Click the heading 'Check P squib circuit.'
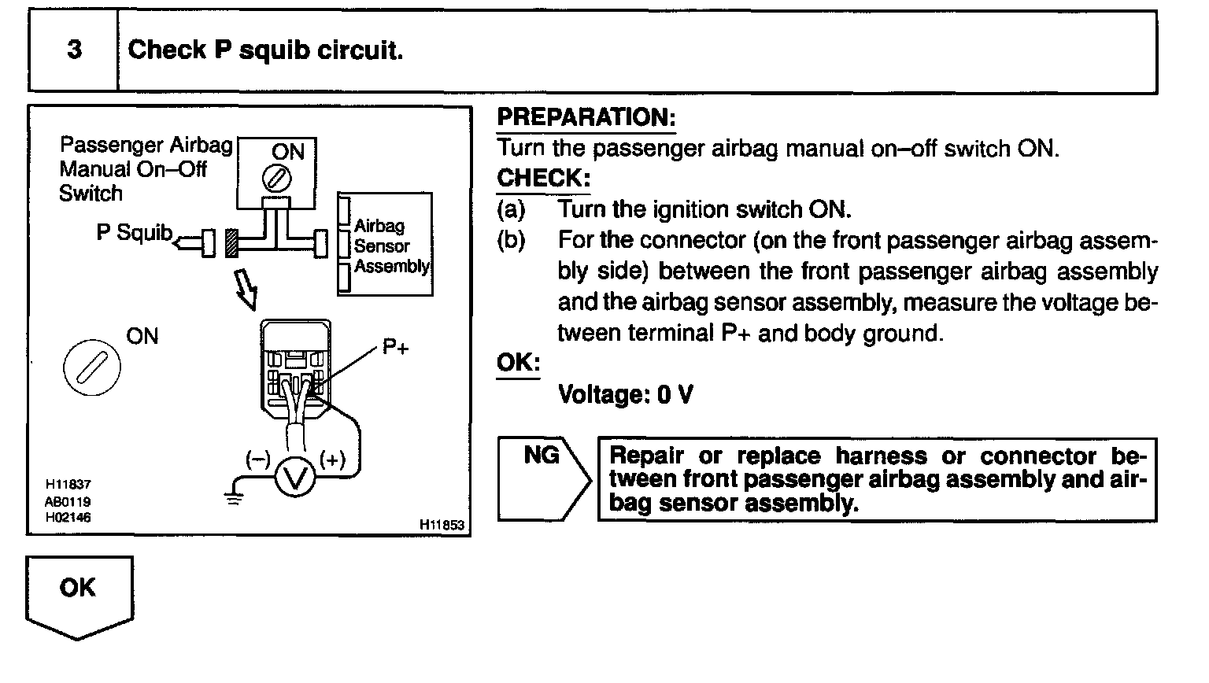coord(265,50)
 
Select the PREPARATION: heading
coord(586,118)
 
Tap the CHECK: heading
coord(543,179)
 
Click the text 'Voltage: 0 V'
coord(625,394)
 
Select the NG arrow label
coord(542,456)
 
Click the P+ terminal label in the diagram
coord(396,347)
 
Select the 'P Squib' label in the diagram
coord(134,232)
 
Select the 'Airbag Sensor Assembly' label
coord(390,246)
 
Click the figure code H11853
coord(442,525)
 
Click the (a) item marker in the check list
coord(511,210)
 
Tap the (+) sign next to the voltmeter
coord(332,460)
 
